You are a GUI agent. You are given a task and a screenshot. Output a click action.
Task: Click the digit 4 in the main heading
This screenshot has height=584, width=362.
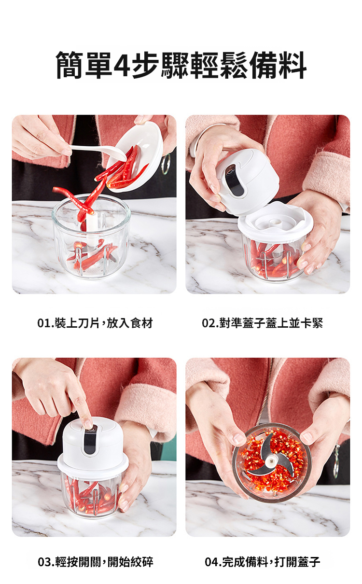(x=122, y=65)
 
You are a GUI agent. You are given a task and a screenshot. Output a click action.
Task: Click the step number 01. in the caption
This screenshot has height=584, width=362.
(x=45, y=323)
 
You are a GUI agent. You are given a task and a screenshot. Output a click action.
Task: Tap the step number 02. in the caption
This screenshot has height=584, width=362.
(x=210, y=323)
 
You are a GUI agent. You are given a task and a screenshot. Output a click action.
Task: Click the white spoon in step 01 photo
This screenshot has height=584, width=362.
(x=99, y=153)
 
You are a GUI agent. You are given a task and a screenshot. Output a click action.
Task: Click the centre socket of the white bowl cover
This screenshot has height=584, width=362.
(x=274, y=222)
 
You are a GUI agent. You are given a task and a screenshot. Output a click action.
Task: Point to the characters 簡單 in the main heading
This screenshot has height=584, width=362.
(x=84, y=65)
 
